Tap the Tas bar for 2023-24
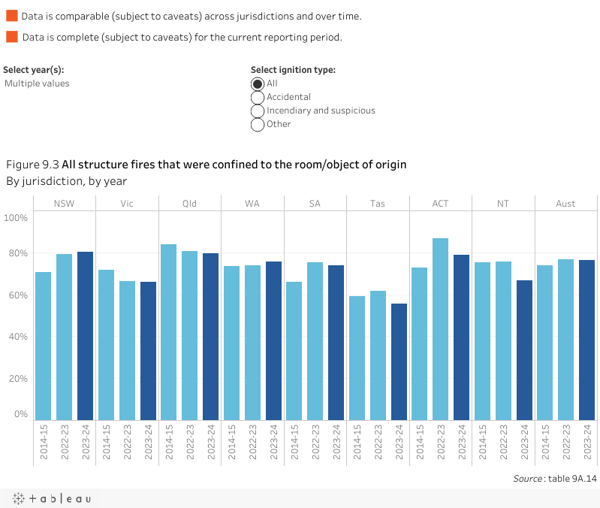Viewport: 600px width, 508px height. click(399, 361)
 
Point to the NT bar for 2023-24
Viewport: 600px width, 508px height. click(523, 350)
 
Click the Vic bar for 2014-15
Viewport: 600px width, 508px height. click(107, 345)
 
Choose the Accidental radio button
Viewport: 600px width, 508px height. click(258, 97)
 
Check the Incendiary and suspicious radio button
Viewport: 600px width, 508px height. click(258, 110)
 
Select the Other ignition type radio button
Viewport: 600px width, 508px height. click(258, 124)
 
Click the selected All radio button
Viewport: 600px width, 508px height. click(258, 83)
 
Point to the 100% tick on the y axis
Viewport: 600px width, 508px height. click(16, 218)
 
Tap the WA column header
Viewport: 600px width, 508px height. click(252, 204)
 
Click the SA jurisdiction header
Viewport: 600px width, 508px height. click(315, 204)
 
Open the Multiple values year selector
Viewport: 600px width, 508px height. click(37, 83)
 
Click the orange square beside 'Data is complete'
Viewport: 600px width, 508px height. click(11, 37)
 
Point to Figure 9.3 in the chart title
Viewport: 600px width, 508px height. click(32, 165)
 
